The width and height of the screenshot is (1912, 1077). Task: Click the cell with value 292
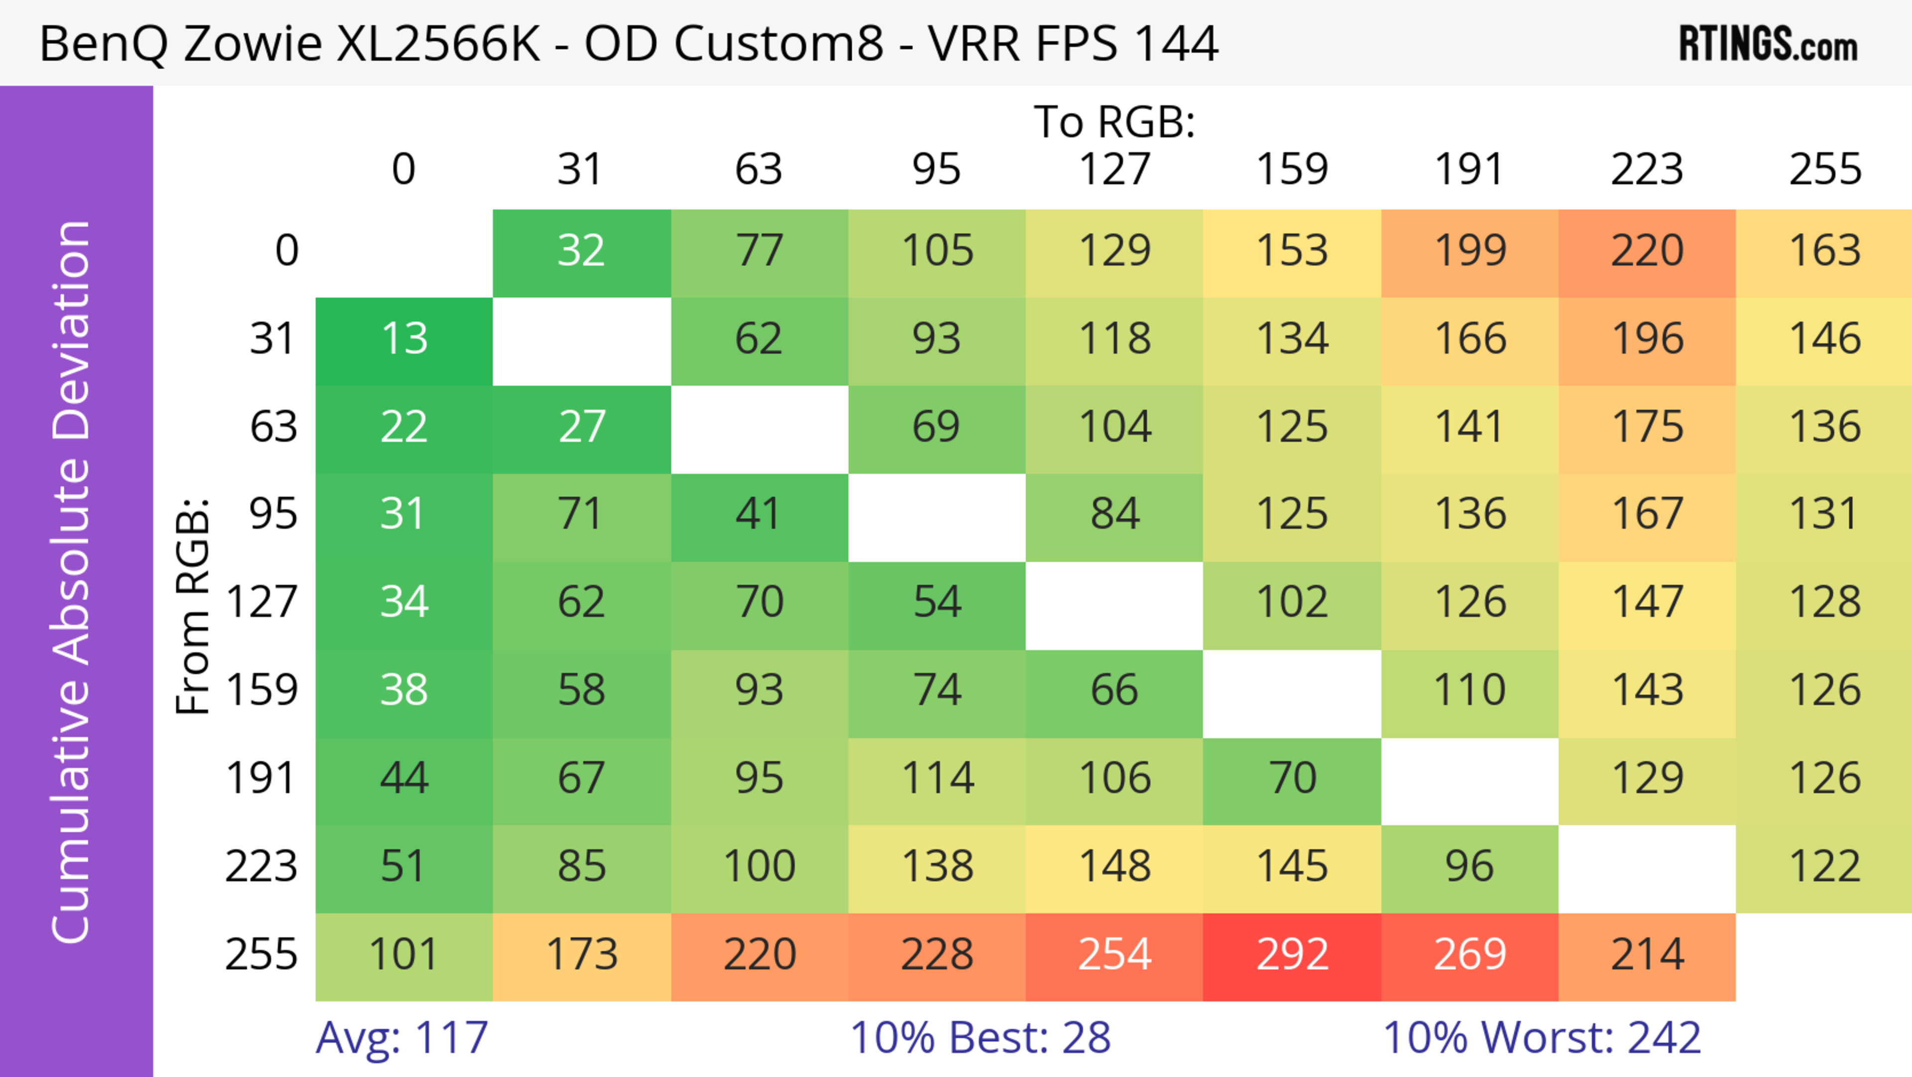pyautogui.click(x=1292, y=956)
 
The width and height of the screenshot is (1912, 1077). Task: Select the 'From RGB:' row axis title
pyautogui.click(x=193, y=606)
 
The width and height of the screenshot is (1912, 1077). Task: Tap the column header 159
pyautogui.click(x=1292, y=169)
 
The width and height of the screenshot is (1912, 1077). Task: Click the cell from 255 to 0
pyautogui.click(x=404, y=956)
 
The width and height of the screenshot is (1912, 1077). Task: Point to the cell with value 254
pyautogui.click(x=1114, y=956)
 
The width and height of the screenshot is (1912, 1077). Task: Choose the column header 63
pyautogui.click(x=758, y=169)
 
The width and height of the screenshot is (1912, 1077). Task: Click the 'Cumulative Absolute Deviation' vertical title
pyautogui.click(x=72, y=582)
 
